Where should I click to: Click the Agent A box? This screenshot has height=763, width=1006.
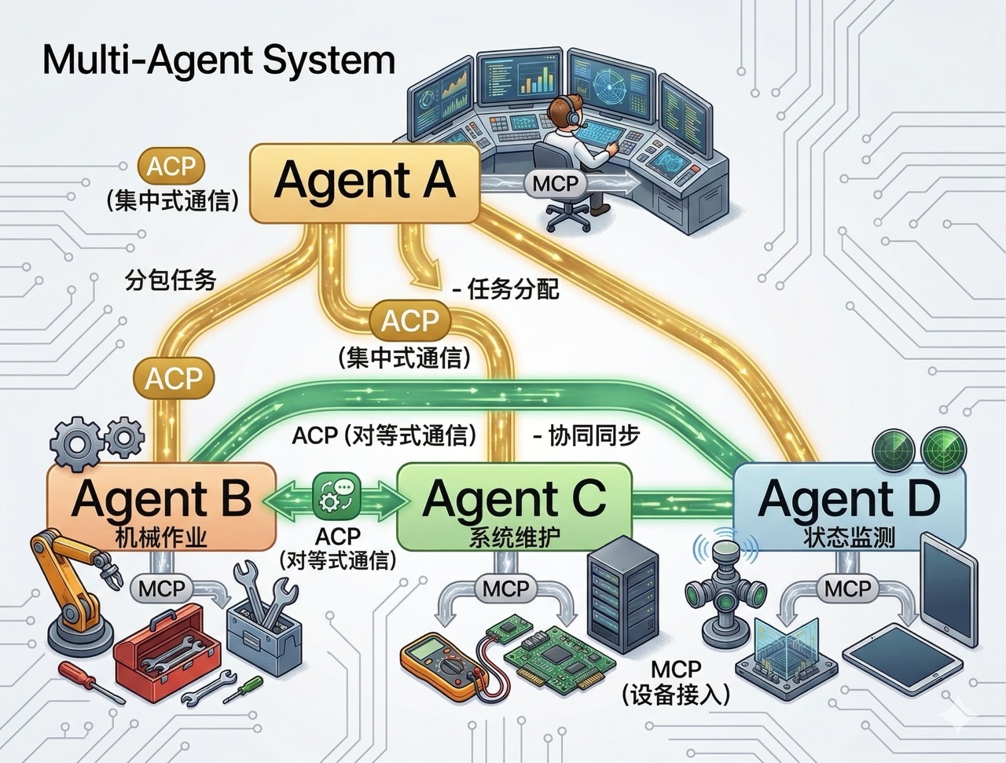364,182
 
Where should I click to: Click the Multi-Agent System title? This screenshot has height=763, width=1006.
218,60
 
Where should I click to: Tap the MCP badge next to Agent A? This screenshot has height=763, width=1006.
555,183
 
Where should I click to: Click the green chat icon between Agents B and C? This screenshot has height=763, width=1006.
336,497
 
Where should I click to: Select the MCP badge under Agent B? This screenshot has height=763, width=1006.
163,588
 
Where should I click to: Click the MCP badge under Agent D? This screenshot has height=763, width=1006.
847,588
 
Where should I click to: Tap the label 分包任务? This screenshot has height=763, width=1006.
171,280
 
